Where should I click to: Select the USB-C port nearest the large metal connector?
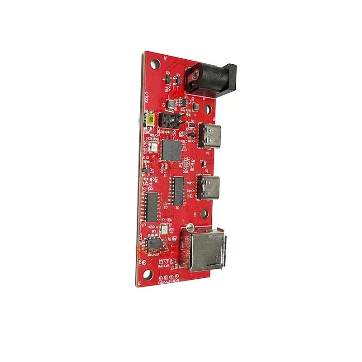pyautogui.click(x=209, y=186)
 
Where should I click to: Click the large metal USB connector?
pyautogui.click(x=203, y=249)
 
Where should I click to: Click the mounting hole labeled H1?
pyautogui.click(x=146, y=274)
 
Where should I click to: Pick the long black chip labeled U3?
pyautogui.click(x=152, y=207)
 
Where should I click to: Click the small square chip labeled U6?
pyautogui.click(x=154, y=244)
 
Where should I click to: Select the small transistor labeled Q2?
pyautogui.click(x=168, y=80)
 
